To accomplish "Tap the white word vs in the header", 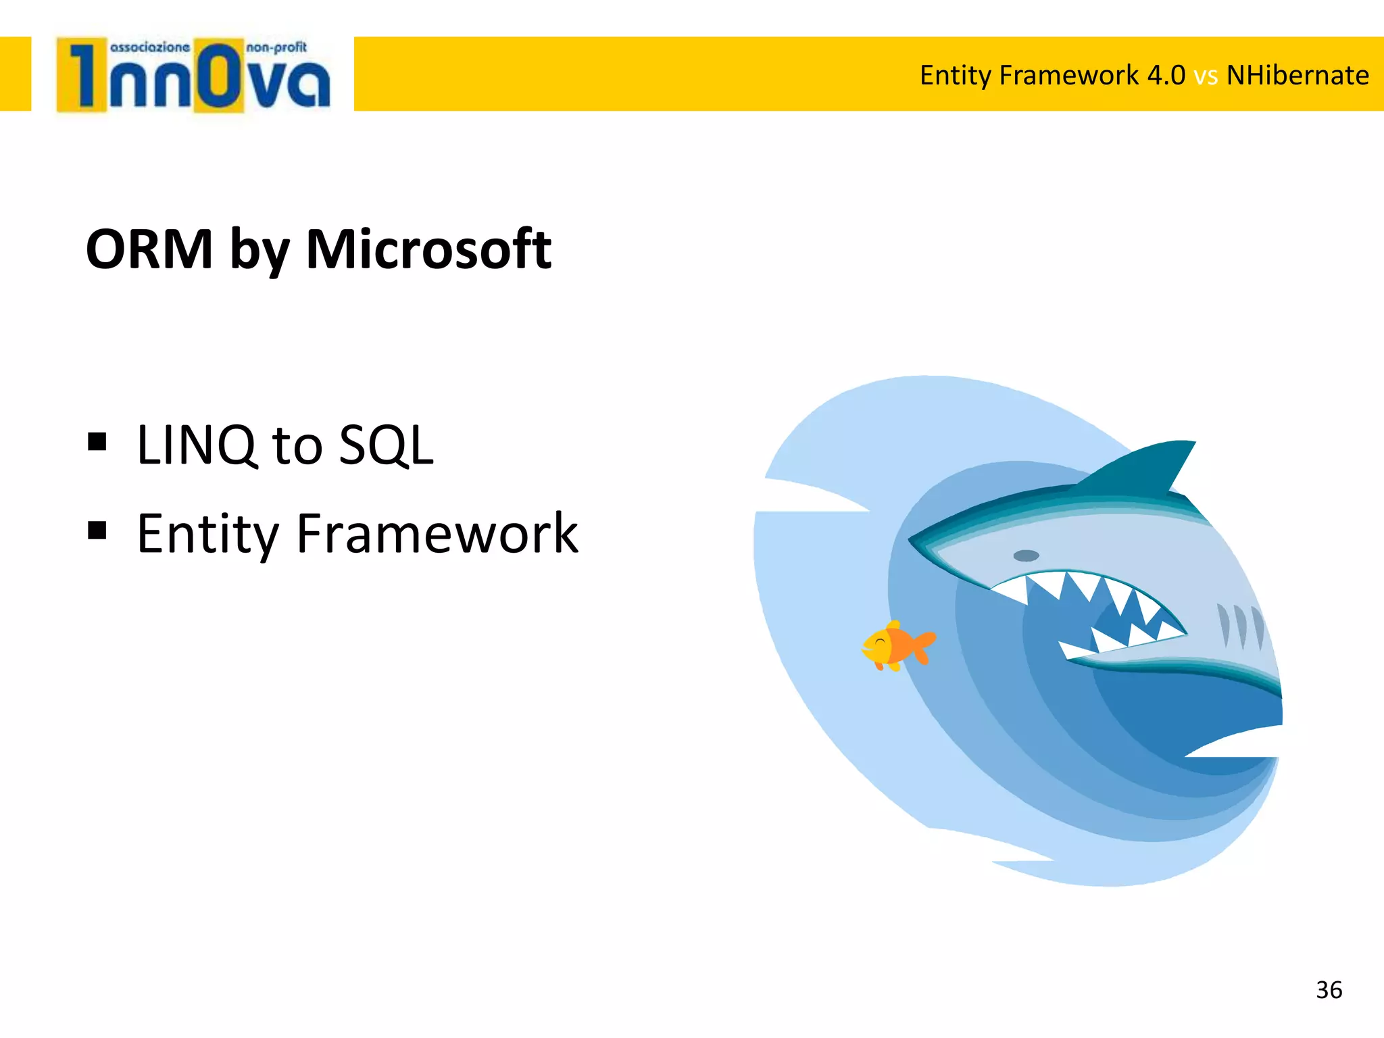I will (x=1206, y=76).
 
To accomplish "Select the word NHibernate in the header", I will (x=1297, y=75).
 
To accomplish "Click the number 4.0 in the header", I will (x=1166, y=75).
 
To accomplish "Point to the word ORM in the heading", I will (x=149, y=249).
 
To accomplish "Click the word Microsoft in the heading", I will (x=428, y=249).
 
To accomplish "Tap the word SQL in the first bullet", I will (x=386, y=445).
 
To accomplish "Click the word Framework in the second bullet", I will (x=437, y=534).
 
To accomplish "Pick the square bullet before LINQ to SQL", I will (x=97, y=442).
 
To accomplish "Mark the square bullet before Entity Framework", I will (x=97, y=530).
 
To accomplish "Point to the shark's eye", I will (x=1026, y=555).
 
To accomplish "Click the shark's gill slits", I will (x=1240, y=625).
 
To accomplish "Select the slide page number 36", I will (x=1329, y=990).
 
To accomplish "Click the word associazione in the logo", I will (x=150, y=47).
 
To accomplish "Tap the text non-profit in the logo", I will (x=276, y=47).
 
